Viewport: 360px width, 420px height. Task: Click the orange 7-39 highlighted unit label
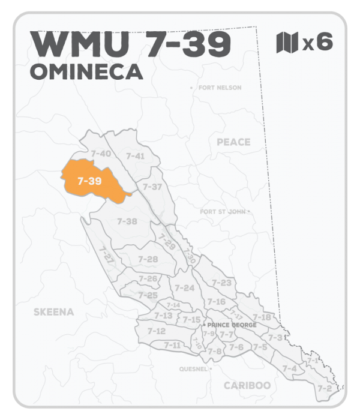click(x=89, y=181)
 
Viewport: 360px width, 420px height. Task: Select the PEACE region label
click(x=233, y=142)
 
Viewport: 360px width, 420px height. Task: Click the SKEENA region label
click(x=54, y=312)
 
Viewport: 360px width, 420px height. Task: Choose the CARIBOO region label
click(x=247, y=385)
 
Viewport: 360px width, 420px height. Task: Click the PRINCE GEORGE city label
click(x=232, y=325)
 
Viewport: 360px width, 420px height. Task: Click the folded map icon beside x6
click(x=287, y=43)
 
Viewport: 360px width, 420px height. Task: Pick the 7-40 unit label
click(x=100, y=154)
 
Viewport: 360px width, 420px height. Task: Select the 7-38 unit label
click(x=127, y=221)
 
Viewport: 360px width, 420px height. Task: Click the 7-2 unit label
click(x=325, y=389)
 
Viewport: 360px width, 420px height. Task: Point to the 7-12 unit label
click(x=156, y=331)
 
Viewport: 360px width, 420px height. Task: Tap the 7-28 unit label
click(x=148, y=259)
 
